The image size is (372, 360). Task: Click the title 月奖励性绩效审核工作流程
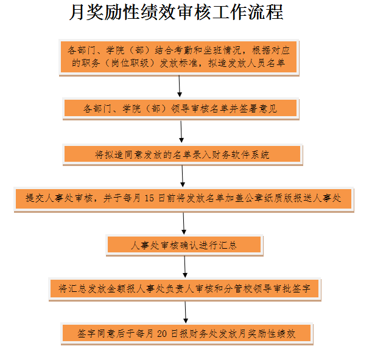tap(177, 12)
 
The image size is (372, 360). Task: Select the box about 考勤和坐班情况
tap(179, 57)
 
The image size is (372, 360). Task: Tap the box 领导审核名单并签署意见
tap(181, 108)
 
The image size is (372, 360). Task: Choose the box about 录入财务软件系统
tap(183, 154)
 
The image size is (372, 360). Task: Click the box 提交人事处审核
tap(184, 199)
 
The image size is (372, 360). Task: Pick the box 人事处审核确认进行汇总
tap(184, 245)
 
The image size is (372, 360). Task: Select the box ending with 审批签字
tap(184, 289)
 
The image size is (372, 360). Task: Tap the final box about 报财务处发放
tap(187, 333)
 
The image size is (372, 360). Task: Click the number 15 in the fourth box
tap(149, 198)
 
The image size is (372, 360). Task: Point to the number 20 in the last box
tap(162, 333)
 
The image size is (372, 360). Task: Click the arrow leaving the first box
tap(180, 86)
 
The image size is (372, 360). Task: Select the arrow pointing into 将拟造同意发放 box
tap(181, 132)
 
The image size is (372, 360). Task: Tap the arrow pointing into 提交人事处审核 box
tap(183, 176)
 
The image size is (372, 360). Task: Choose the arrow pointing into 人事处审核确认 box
tap(184, 224)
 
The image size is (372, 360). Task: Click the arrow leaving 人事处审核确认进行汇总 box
tap(185, 267)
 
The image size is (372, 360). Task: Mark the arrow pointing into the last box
tap(186, 313)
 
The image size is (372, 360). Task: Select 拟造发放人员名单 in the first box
tap(247, 63)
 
